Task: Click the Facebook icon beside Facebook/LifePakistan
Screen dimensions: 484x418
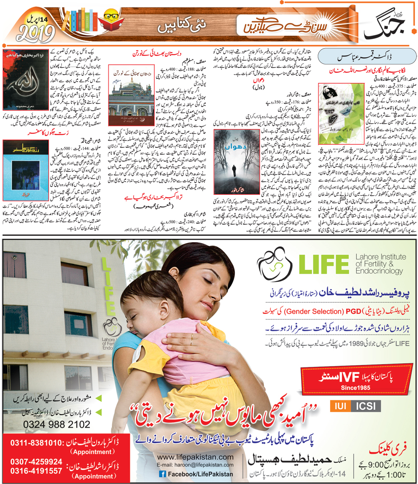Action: pyautogui.click(x=162, y=474)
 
